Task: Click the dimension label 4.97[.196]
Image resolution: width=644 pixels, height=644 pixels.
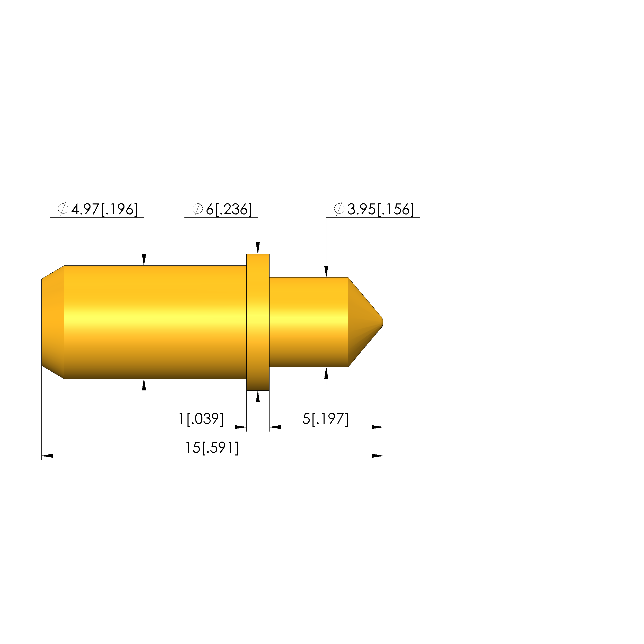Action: pos(105,209)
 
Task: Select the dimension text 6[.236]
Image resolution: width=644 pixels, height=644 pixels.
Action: pos(229,209)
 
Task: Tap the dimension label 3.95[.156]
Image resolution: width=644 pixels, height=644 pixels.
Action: pos(381,209)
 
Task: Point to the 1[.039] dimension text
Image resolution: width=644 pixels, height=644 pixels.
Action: pos(201,419)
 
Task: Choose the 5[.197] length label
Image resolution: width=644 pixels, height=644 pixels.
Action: pos(325,419)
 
